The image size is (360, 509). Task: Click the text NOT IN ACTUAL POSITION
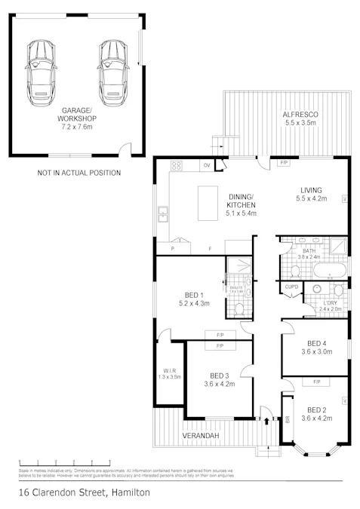[x=78, y=173]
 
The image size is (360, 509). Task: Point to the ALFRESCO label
[x=300, y=118]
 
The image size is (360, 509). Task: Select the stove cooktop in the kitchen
[x=176, y=164]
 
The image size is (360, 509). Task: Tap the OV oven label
[x=205, y=164]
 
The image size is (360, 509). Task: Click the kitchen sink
[x=162, y=217]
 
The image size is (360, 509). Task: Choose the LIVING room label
[x=311, y=194]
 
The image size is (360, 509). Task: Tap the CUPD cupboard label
[x=291, y=287]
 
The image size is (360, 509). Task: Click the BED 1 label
[x=192, y=299]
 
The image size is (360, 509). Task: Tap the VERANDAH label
[x=201, y=437]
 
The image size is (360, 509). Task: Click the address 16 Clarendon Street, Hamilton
[x=85, y=492]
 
